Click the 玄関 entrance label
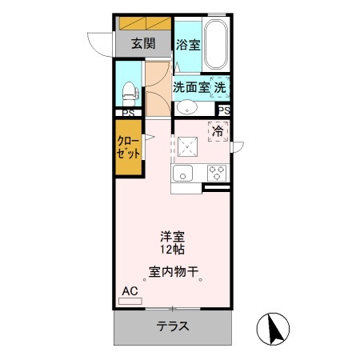144,44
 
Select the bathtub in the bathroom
215,45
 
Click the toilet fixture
127,90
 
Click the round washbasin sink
187,108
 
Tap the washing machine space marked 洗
221,86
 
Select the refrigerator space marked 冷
218,131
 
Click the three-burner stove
217,171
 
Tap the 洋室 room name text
173,237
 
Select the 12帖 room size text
173,250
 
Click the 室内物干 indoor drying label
174,271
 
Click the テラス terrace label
173,326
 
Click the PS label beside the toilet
127,113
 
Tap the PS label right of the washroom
224,110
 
